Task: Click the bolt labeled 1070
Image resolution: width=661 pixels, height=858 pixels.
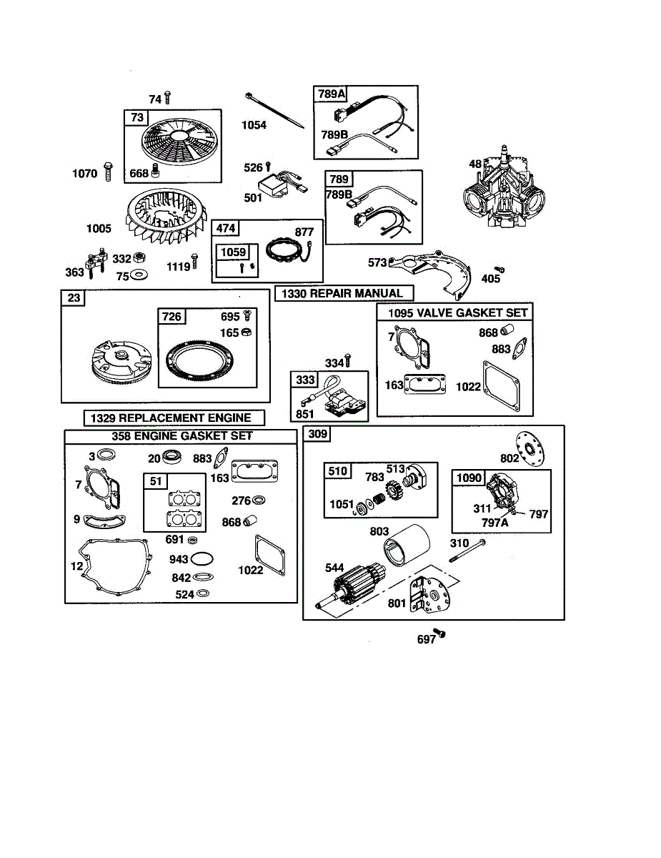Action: tap(108, 172)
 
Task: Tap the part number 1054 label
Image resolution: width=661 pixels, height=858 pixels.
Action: tap(254, 125)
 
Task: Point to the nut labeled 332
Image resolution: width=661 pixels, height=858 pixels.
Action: tap(139, 257)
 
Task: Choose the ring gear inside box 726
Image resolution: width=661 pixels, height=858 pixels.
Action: tap(199, 362)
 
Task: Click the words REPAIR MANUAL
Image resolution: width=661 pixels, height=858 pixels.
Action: tap(356, 293)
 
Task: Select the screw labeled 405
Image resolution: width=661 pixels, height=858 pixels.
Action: tap(500, 270)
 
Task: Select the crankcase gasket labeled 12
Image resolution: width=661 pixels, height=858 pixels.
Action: tap(114, 566)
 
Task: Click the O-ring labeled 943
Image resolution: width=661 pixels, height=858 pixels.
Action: tap(202, 558)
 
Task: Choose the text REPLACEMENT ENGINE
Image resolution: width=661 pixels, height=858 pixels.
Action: tap(184, 418)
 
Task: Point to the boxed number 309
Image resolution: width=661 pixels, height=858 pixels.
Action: tap(317, 434)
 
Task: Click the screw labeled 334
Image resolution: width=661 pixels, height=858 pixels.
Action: tap(348, 361)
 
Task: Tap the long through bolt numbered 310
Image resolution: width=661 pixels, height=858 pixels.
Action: tap(467, 551)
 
